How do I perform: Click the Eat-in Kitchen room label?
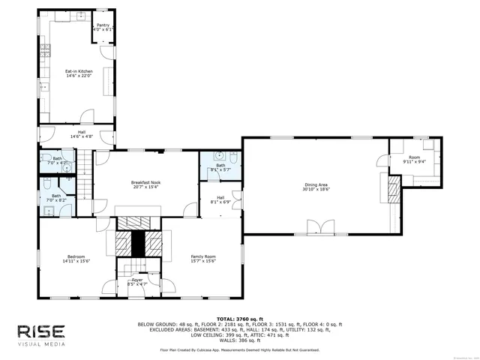click(79, 73)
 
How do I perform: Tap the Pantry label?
click(103, 27)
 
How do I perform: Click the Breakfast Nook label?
click(145, 184)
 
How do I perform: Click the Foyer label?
click(136, 282)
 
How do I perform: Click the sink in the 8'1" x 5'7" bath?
click(218, 157)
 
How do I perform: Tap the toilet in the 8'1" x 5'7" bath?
click(233, 158)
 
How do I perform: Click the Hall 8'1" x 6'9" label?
click(220, 199)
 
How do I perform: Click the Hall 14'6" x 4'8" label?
click(81, 135)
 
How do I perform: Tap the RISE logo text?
click(42, 331)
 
